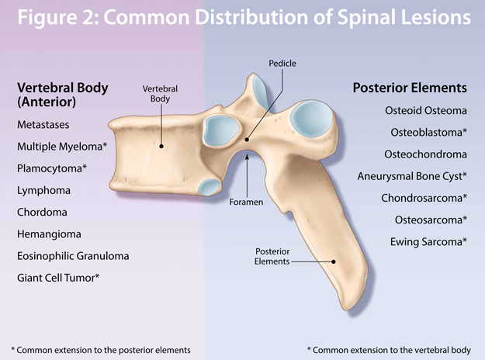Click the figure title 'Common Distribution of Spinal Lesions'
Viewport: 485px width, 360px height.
tap(242, 18)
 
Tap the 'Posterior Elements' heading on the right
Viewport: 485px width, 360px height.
tap(410, 88)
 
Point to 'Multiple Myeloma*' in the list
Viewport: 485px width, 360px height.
tap(62, 146)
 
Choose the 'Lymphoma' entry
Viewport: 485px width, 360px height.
tap(44, 190)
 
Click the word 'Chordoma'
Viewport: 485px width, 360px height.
tap(43, 212)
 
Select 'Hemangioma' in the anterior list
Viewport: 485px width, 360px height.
tap(48, 234)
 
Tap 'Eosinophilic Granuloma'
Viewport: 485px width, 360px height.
tap(73, 255)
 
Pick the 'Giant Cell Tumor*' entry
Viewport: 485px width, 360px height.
tap(59, 277)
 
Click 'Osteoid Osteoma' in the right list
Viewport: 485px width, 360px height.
tap(426, 111)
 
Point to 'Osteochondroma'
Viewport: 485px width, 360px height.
tap(426, 154)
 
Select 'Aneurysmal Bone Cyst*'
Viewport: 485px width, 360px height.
tap(412, 176)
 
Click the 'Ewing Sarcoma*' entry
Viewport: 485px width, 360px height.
tap(428, 242)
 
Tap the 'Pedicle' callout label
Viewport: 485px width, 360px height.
tap(282, 63)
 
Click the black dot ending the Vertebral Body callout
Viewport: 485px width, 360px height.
tap(161, 144)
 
